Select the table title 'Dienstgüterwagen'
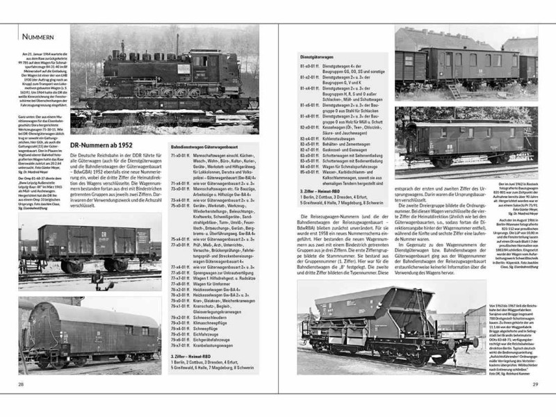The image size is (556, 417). click(x=318, y=55)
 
